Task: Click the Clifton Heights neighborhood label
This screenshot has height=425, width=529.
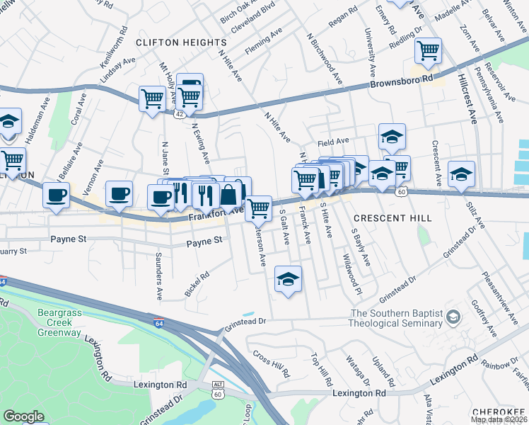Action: click(x=180, y=42)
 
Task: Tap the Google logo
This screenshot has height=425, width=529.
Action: click(x=23, y=416)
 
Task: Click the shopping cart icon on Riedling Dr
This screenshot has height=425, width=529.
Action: click(x=428, y=51)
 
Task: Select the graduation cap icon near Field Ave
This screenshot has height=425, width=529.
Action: click(x=392, y=136)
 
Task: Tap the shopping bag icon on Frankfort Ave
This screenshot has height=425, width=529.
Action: click(x=229, y=193)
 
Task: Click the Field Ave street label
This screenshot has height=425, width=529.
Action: click(x=334, y=142)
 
